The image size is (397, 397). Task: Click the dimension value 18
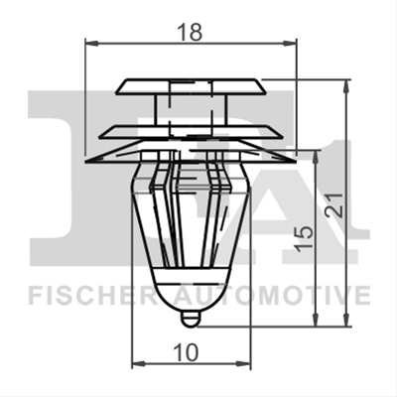point(190,32)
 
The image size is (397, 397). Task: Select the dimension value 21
point(333,205)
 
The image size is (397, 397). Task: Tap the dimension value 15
point(304,238)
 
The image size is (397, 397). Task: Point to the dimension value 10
point(187,352)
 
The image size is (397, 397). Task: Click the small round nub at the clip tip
point(190,319)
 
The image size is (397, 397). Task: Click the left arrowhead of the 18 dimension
point(92,43)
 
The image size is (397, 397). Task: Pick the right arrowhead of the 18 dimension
point(290,43)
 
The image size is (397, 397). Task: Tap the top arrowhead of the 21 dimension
point(346,86)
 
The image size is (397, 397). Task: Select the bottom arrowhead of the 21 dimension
point(346,320)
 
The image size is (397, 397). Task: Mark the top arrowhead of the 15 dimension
point(317,157)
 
